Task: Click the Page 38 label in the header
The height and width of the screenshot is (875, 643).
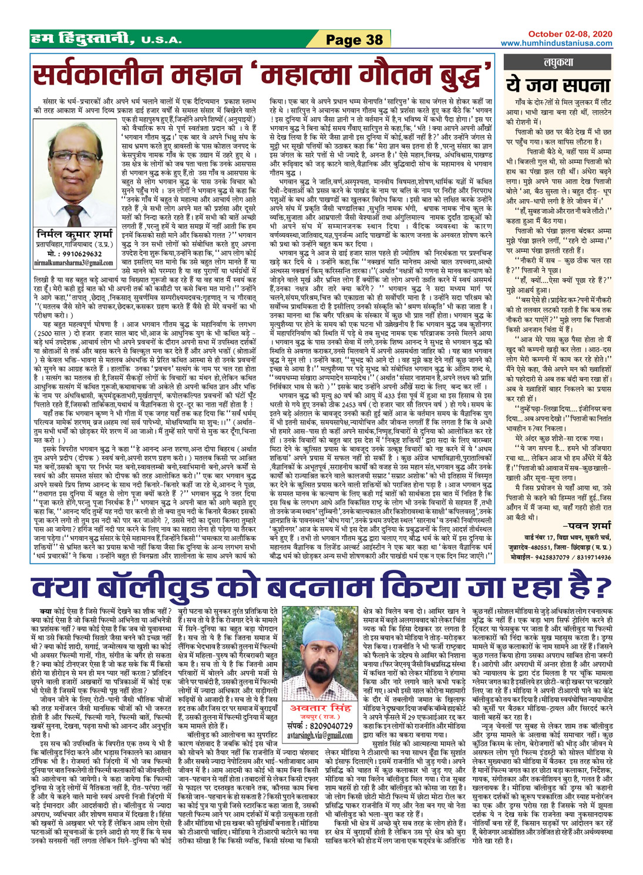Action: pyautogui.click(x=354, y=40)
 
